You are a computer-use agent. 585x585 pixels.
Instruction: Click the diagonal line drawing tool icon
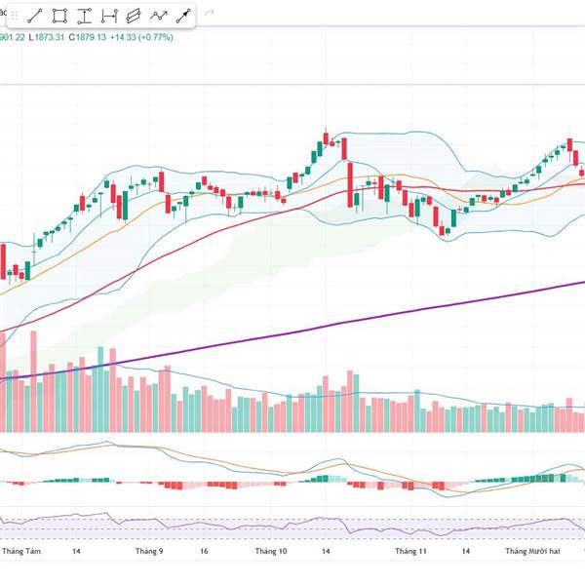[x=35, y=16]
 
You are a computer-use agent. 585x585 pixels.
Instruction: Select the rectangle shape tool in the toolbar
[x=59, y=16]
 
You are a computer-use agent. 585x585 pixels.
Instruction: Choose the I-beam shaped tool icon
[x=85, y=16]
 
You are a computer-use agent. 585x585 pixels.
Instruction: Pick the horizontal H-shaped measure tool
[x=109, y=16]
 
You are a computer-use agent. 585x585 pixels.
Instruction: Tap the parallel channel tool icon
[x=134, y=16]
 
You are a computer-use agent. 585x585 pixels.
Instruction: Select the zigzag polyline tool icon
[x=159, y=16]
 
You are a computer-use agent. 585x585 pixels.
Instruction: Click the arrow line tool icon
[x=182, y=16]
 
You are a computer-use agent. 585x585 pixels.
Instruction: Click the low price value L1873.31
[x=46, y=37]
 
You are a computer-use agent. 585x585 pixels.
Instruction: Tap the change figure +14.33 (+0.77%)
[x=142, y=37]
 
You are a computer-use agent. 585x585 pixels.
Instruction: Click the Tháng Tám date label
[x=21, y=552]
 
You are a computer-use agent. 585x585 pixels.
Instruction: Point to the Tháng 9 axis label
[x=149, y=552]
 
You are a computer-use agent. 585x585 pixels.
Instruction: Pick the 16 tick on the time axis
[x=204, y=552]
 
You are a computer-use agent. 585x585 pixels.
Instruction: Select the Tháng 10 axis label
[x=271, y=552]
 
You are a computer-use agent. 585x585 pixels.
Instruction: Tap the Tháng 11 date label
[x=411, y=552]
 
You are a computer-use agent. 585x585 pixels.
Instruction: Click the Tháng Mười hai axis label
[x=532, y=552]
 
